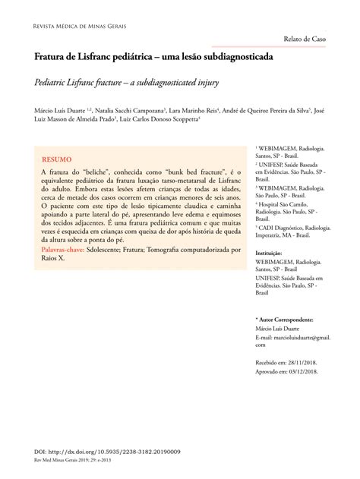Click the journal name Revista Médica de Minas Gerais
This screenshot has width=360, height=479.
(76, 26)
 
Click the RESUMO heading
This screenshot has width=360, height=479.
(57, 161)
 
